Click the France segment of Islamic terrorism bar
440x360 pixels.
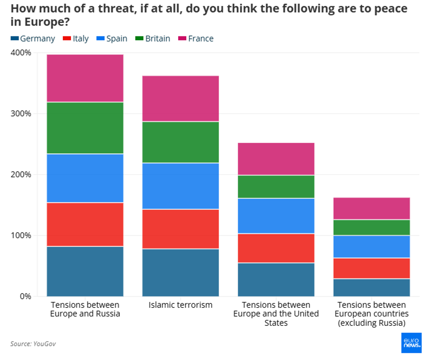(x=180, y=98)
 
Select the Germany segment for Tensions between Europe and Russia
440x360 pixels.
(x=85, y=271)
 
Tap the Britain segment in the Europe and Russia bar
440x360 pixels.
(x=85, y=128)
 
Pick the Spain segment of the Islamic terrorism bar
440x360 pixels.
(x=180, y=186)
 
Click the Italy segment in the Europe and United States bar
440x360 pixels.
(x=276, y=248)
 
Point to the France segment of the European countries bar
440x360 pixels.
(x=371, y=209)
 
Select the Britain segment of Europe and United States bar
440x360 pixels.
(x=276, y=187)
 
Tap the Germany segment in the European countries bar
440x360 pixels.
(x=371, y=288)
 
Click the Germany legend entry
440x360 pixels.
(x=33, y=39)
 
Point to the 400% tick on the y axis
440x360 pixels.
(x=21, y=53)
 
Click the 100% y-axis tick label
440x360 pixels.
(x=21, y=236)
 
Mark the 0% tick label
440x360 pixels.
(x=25, y=297)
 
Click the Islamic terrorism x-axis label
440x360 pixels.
(x=180, y=305)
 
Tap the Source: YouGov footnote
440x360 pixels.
(x=33, y=344)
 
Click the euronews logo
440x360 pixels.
(x=412, y=343)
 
